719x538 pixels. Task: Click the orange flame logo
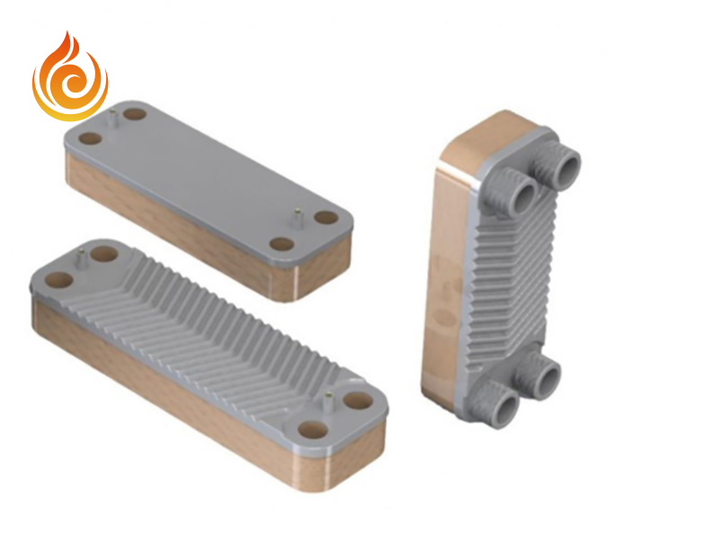coord(69,79)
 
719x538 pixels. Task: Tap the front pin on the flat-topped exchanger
coord(297,216)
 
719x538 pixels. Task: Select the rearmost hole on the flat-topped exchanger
coord(135,115)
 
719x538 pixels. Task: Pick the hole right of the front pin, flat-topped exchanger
coord(325,217)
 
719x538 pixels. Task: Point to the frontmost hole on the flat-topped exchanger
coord(282,243)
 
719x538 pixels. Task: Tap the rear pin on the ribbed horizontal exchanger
coord(81,259)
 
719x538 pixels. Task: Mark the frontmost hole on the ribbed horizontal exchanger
coord(314,430)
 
